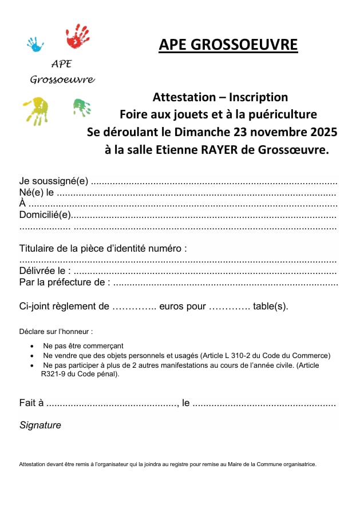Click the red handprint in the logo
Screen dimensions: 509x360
pos(78,36)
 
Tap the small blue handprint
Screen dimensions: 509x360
pos(35,44)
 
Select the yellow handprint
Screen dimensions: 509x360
pos(35,110)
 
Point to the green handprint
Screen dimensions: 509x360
pos(82,107)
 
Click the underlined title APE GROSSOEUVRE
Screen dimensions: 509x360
pos(228,45)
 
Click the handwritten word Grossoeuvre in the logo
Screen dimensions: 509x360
pos(62,79)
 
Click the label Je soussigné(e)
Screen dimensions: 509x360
pos(54,181)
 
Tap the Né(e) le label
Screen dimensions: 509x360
pos(37,193)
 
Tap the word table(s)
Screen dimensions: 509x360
pos(271,306)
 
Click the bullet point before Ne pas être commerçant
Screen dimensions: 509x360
pos(31,347)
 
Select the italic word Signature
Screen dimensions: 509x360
pos(40,426)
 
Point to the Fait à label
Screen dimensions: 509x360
pos(31,403)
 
